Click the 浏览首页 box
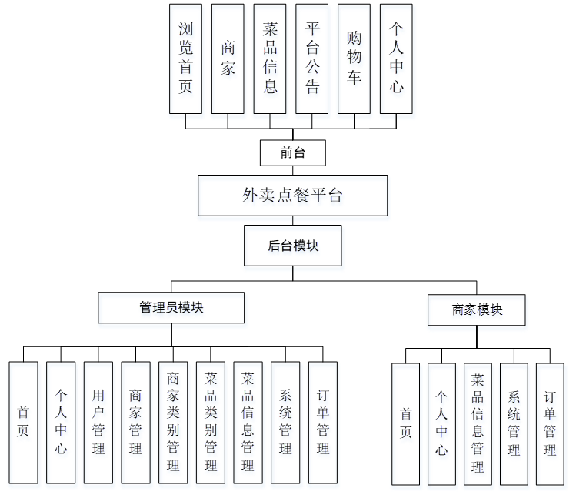click(185, 59)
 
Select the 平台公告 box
click(312, 59)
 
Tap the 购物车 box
click(354, 59)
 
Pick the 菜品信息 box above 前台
click(270, 59)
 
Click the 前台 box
click(293, 152)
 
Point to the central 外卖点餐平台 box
click(292, 196)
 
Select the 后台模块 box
click(292, 246)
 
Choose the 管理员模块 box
click(171, 307)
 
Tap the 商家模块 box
click(477, 309)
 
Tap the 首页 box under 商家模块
click(405, 423)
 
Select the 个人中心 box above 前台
click(396, 59)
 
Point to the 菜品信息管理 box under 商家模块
click(478, 423)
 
